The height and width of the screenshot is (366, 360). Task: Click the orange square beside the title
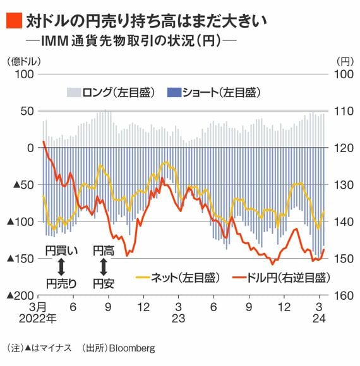pos(15,21)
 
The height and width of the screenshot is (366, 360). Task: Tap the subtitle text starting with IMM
pos(131,41)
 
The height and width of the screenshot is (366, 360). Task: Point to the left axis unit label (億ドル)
pos(24,62)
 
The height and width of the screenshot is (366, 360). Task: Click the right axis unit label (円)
pos(345,62)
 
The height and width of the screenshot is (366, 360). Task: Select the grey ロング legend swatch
pos(74,92)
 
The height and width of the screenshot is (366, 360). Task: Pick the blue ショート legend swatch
pos(174,92)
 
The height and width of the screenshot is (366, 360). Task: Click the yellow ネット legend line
pos(143,278)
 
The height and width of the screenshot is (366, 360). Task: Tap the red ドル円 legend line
pos(239,278)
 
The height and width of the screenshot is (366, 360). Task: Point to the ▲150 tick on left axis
pos(21,258)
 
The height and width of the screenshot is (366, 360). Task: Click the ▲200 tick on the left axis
pos(21,296)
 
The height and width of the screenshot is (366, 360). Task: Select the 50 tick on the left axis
pos(27,111)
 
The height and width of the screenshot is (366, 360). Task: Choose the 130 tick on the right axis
pos(344,185)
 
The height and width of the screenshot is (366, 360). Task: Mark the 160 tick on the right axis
pos(344,296)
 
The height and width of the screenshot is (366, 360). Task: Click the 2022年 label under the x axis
pos(38,319)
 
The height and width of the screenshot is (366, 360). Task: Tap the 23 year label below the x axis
pos(179,319)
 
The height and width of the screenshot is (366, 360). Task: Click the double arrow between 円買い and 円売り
pos(61,267)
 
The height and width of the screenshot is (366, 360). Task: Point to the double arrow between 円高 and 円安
pos(104,267)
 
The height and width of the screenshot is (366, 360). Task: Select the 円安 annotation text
pos(104,283)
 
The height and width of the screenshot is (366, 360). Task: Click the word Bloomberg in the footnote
pos(132,348)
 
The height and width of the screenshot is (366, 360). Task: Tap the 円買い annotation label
pos(61,251)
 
